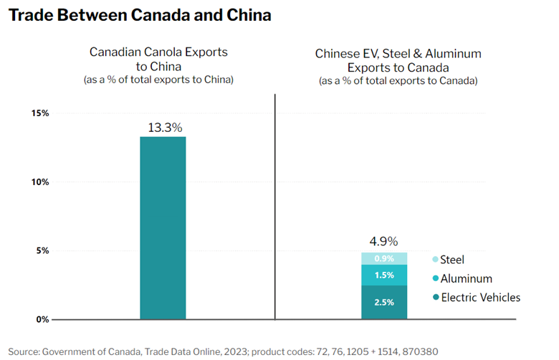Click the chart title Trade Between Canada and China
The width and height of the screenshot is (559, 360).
[140, 15]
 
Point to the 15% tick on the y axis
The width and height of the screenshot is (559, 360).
[39, 113]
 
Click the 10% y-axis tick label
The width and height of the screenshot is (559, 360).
[39, 182]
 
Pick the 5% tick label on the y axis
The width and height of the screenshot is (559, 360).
[42, 251]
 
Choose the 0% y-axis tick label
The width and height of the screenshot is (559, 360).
[42, 319]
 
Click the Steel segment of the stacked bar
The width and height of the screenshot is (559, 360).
[384, 259]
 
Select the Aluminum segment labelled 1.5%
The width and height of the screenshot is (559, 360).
[384, 275]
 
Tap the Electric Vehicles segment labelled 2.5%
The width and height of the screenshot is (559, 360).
[384, 302]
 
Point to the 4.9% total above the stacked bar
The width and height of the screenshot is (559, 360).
[383, 241]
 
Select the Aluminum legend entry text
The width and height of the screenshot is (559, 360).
[467, 278]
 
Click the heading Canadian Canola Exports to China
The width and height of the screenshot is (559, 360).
[158, 59]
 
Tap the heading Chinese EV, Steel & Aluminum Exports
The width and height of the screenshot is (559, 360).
[398, 60]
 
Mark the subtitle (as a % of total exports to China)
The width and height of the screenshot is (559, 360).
[158, 80]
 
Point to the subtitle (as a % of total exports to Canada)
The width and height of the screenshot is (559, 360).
[398, 81]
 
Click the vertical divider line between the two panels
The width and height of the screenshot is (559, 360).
[275, 208]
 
